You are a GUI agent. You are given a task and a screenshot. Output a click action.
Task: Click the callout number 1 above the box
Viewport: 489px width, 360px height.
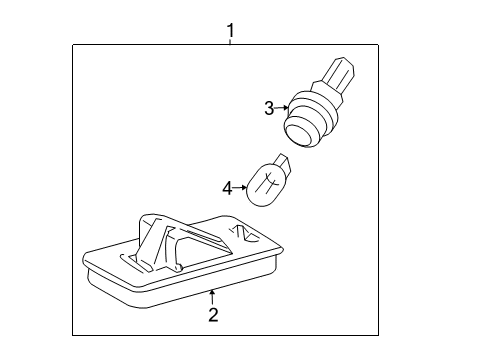pyautogui.click(x=230, y=31)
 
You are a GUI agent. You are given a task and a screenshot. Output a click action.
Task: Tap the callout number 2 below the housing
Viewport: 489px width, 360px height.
pyautogui.click(x=212, y=316)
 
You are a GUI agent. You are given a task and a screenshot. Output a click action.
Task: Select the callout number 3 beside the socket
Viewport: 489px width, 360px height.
pyautogui.click(x=269, y=108)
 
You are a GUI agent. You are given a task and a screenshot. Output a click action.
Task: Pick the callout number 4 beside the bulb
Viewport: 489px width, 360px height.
pyautogui.click(x=227, y=186)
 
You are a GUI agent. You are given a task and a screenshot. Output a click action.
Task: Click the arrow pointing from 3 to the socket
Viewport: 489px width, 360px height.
pyautogui.click(x=283, y=108)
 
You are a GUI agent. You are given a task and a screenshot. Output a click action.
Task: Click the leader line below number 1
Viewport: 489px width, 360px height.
pyautogui.click(x=230, y=42)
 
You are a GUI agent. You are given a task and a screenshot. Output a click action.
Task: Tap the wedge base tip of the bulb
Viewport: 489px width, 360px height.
pyautogui.click(x=285, y=162)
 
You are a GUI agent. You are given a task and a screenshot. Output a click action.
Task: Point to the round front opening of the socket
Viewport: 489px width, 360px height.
pyautogui.click(x=299, y=129)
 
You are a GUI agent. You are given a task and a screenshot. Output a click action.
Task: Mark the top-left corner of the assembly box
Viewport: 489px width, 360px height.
pyautogui.click(x=73, y=45)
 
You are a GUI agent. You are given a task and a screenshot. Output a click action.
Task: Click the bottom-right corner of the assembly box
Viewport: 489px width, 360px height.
pyautogui.click(x=379, y=334)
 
